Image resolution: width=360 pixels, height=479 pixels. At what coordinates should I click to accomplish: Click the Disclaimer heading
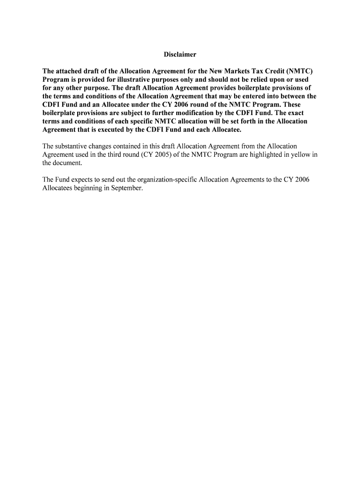180,55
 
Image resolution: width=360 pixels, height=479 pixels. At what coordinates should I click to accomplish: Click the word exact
295,113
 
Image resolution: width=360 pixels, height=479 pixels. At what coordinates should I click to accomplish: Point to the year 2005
157,155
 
